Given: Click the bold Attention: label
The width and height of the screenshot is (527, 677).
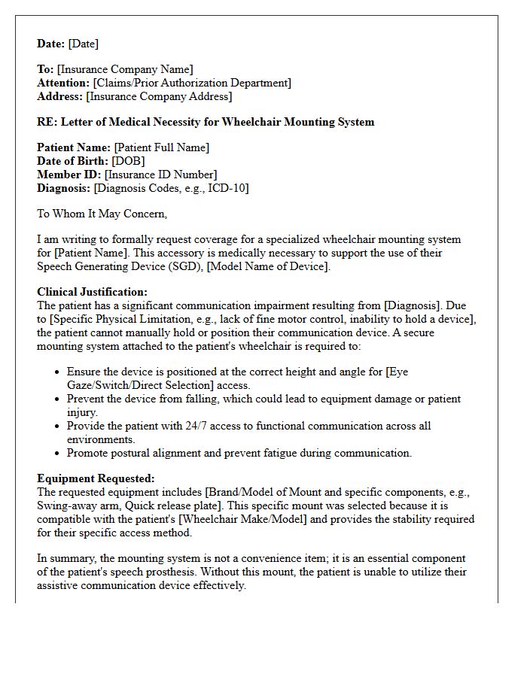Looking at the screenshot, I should click(63, 83).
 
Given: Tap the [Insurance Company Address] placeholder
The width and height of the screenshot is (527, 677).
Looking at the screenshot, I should click(160, 96).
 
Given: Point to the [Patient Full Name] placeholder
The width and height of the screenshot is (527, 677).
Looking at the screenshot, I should click(162, 147).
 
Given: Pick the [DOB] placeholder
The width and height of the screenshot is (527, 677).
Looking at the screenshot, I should click(129, 161).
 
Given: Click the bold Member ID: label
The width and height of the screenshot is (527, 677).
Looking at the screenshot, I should click(69, 175).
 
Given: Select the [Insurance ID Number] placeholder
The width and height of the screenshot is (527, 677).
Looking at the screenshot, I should click(161, 175).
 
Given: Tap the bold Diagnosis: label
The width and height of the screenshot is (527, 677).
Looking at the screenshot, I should click(64, 188).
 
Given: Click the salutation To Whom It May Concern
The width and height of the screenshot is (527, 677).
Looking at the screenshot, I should click(102, 214).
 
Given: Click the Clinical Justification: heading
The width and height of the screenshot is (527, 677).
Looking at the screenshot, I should click(92, 292).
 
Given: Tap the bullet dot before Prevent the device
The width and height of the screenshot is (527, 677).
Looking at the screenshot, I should click(58, 399).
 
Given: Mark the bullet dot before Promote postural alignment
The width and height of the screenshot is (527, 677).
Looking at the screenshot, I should click(58, 454).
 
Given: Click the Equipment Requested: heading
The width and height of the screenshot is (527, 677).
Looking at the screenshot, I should click(96, 478).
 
